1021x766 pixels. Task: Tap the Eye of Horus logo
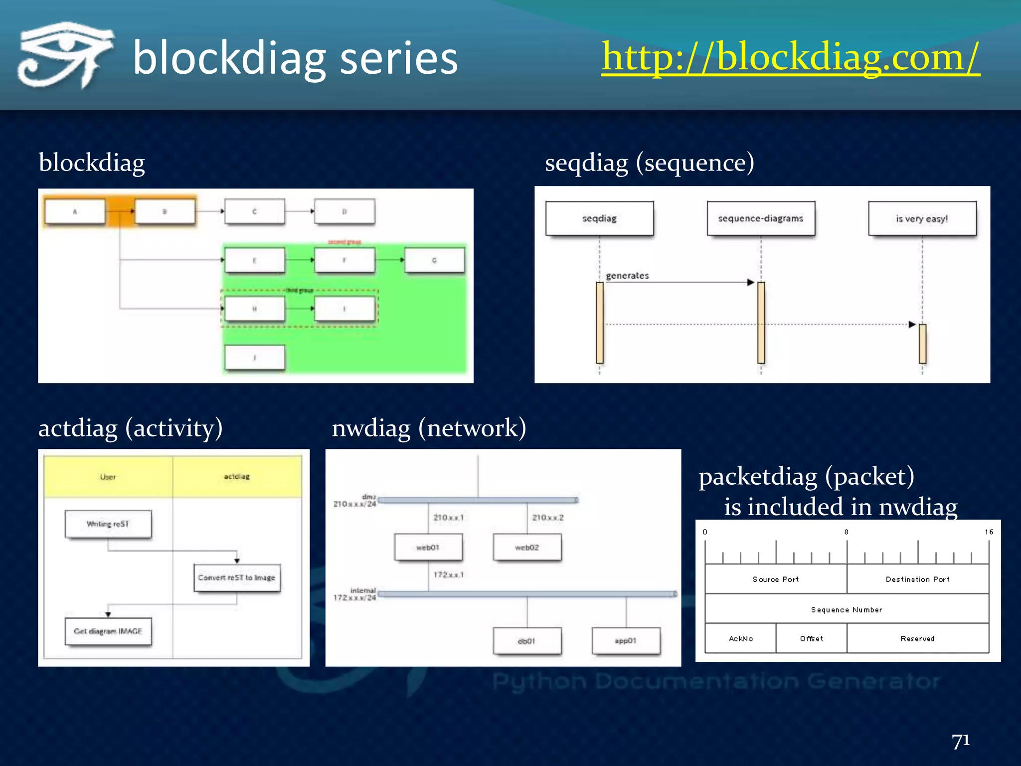click(65, 55)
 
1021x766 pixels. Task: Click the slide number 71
click(960, 741)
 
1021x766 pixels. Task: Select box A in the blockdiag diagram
click(75, 211)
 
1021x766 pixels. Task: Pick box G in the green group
click(434, 260)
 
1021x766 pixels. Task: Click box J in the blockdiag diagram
click(255, 357)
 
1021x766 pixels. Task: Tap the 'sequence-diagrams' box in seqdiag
click(761, 218)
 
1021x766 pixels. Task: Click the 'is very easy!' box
click(922, 218)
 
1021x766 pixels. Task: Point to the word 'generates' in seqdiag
click(627, 275)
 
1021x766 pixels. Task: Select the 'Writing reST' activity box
click(108, 524)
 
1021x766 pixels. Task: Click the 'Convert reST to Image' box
click(237, 577)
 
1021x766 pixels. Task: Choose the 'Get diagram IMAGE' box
click(108, 631)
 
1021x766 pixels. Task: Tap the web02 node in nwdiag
click(527, 547)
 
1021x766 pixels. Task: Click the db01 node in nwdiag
click(527, 641)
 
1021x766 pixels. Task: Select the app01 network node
click(626, 641)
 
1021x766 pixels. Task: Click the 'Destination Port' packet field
click(917, 579)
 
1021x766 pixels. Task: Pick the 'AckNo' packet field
click(740, 638)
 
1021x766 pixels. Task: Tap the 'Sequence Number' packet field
click(847, 609)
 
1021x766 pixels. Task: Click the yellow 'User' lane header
click(108, 477)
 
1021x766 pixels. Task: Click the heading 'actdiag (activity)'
click(131, 428)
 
